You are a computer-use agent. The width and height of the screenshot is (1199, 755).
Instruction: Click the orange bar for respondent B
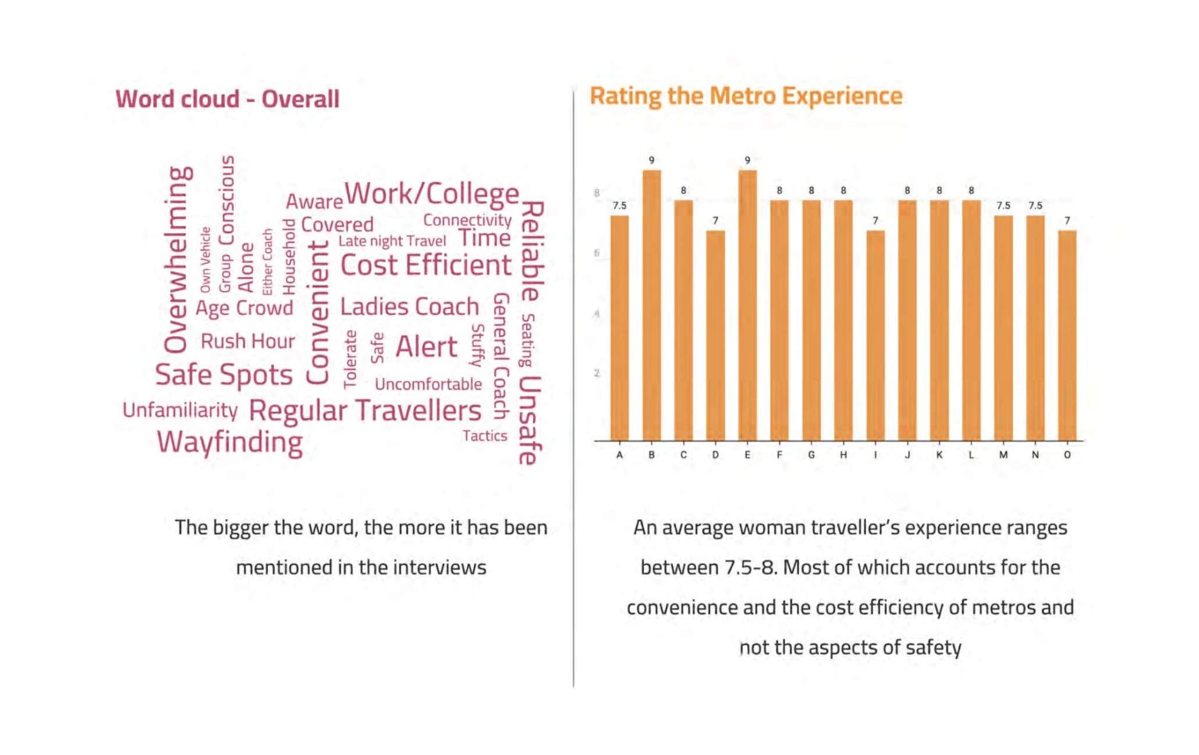coord(651,306)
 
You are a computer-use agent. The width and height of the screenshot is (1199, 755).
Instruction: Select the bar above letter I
coord(875,336)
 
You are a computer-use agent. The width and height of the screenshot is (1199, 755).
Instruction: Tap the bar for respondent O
coord(1067,336)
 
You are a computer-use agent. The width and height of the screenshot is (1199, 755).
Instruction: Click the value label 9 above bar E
coord(747,160)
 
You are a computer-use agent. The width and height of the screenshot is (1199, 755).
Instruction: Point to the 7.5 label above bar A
coord(619,206)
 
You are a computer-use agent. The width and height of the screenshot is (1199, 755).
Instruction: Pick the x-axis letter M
coord(1003,455)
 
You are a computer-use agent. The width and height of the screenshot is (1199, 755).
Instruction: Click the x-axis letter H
coord(843,455)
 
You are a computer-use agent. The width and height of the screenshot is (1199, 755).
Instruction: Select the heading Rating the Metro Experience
coord(746,96)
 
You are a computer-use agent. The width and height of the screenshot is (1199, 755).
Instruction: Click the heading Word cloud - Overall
coord(227,99)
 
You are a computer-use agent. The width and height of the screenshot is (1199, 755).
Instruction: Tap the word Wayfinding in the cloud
coord(230,442)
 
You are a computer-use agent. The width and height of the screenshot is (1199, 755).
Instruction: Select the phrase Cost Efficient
coord(425,266)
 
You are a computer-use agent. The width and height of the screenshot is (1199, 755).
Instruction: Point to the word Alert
coord(426,347)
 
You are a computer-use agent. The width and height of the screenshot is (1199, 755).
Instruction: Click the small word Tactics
coord(485,436)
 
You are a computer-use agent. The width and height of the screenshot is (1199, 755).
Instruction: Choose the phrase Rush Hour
coord(247,341)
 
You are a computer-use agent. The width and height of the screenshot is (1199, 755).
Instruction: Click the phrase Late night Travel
coord(392,241)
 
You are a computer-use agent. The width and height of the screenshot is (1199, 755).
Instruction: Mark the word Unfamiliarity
coord(180,410)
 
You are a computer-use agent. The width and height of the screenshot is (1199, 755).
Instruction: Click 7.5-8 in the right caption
coord(750,567)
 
